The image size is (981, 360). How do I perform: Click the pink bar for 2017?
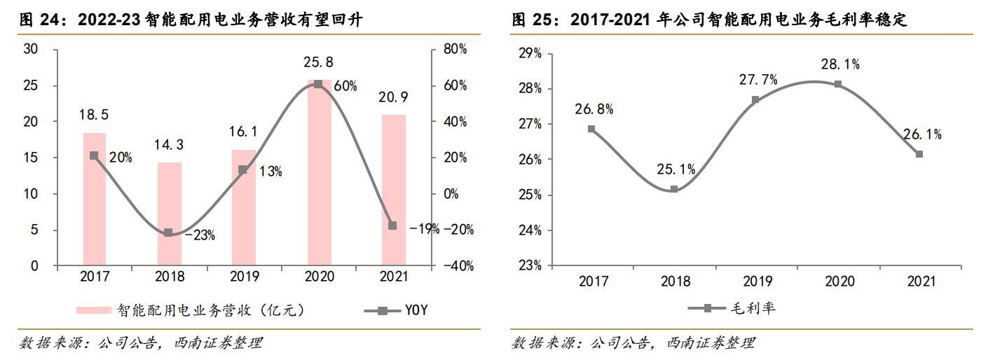coord(95,200)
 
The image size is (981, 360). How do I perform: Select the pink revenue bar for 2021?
coord(393,191)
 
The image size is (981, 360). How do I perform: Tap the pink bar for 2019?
coord(244,208)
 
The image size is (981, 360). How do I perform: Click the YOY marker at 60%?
coord(318,84)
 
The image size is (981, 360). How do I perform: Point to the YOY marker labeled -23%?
coord(168,233)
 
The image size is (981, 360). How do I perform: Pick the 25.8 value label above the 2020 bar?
coord(318,62)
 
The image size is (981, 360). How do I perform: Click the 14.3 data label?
coord(169,145)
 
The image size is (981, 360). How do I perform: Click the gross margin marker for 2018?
coord(673,189)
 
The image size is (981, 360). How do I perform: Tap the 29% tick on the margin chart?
coord(530,53)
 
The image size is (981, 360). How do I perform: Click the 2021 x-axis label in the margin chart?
coord(921,282)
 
